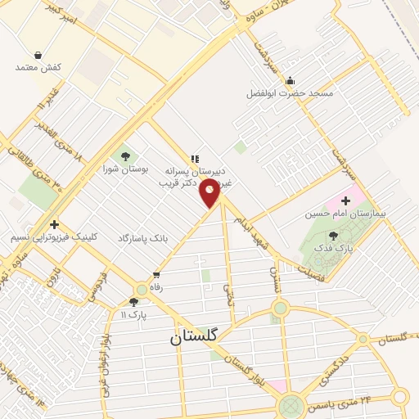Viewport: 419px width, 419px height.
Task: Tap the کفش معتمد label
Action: [x=38, y=66]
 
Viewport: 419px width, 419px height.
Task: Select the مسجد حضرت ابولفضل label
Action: [x=290, y=93]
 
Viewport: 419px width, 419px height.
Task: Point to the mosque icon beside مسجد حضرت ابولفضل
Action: [x=290, y=80]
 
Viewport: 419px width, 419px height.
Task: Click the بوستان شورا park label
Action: [x=126, y=169]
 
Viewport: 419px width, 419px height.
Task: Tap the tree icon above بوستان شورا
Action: [x=125, y=155]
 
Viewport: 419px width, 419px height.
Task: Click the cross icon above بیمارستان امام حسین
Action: [x=345, y=200]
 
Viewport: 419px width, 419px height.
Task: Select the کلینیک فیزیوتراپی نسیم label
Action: [x=54, y=237]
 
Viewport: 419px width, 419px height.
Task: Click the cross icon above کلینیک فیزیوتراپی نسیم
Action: [x=54, y=223]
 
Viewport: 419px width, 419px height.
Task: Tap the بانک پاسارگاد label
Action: [x=142, y=237]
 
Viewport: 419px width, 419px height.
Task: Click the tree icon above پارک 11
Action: [x=134, y=302]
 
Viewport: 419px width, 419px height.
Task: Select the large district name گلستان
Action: [x=196, y=336]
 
